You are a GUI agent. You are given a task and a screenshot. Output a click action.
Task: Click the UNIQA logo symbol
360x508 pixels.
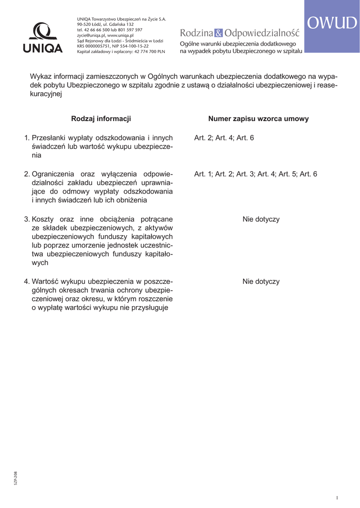pos(43,32)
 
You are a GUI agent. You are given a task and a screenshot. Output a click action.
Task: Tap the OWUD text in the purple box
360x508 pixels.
pos(332,23)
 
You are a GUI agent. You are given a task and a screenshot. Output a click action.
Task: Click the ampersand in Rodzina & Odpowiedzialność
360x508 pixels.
pos(219,33)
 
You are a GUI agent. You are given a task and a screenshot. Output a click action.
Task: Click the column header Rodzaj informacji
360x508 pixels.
pos(101,119)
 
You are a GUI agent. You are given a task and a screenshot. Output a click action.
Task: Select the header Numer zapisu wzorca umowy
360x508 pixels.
pos(258,119)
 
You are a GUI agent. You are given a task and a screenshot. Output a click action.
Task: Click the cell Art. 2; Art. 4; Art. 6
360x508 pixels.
pos(224,137)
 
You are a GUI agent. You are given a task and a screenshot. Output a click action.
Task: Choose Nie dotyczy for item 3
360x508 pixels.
pos(261,219)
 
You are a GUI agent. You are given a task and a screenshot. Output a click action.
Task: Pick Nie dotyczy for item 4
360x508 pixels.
pos(261,281)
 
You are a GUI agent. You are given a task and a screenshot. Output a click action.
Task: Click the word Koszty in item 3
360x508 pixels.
pos(43,219)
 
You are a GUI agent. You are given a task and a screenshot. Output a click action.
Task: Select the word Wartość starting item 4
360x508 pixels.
pos(46,281)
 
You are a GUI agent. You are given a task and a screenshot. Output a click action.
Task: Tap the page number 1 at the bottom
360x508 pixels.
pos(337,498)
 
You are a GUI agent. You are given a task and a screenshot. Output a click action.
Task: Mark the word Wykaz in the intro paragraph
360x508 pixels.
pos(40,77)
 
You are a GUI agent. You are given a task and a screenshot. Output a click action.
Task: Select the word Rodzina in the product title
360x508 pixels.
pos(196,33)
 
